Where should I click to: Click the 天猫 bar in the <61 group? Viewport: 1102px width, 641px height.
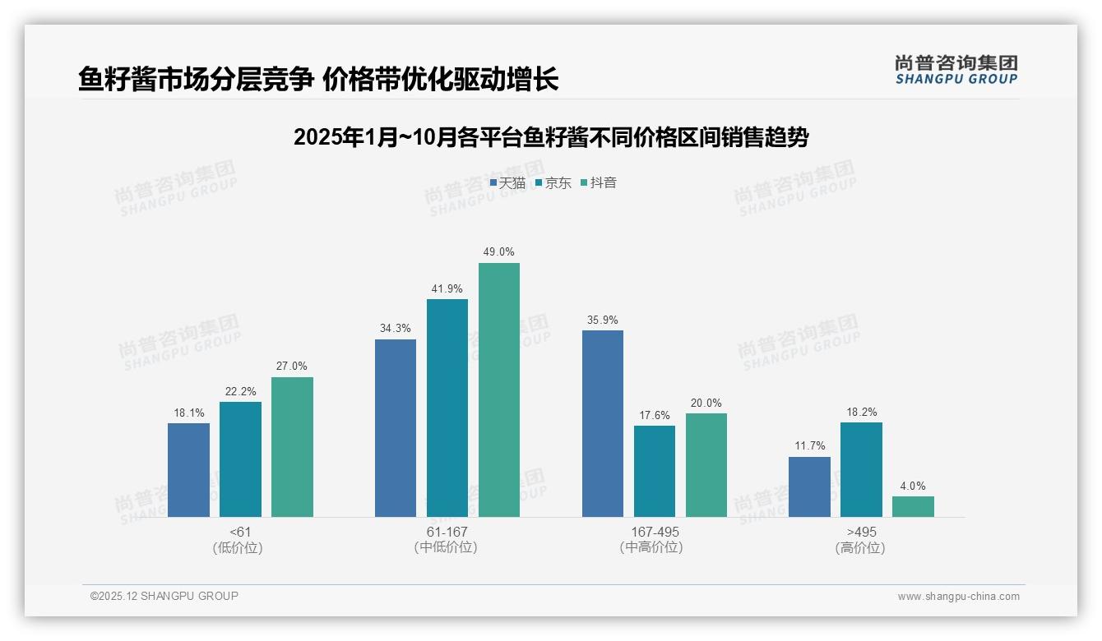pyautogui.click(x=188, y=470)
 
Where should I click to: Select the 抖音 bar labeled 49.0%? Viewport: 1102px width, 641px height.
pyautogui.click(x=499, y=390)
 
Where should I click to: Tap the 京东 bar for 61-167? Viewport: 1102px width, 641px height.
pyautogui.click(x=447, y=408)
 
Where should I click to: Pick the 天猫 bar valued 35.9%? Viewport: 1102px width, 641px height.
pyautogui.click(x=603, y=423)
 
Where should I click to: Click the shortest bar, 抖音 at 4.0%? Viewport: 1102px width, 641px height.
pyautogui.click(x=913, y=506)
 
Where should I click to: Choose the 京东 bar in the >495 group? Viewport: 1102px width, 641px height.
pyautogui.click(x=861, y=469)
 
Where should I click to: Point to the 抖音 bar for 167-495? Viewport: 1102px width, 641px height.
pyautogui.click(x=706, y=464)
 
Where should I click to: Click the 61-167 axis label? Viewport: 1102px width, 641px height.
pyautogui.click(x=447, y=532)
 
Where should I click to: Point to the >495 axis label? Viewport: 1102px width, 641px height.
pyautogui.click(x=861, y=532)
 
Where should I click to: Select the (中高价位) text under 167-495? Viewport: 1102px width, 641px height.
pyautogui.click(x=655, y=547)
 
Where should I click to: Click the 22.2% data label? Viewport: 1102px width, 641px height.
pyautogui.click(x=240, y=391)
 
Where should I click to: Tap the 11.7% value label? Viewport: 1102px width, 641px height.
pyautogui.click(x=809, y=446)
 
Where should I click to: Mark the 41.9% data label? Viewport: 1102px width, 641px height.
pyautogui.click(x=447, y=288)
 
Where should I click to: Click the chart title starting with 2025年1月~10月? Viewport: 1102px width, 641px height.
pyautogui.click(x=551, y=137)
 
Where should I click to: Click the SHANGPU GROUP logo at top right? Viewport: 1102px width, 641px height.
pyautogui.click(x=956, y=70)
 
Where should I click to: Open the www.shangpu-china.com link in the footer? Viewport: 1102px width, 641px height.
pyautogui.click(x=958, y=597)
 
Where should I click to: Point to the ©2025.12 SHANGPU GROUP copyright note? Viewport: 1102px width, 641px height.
pyautogui.click(x=164, y=597)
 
